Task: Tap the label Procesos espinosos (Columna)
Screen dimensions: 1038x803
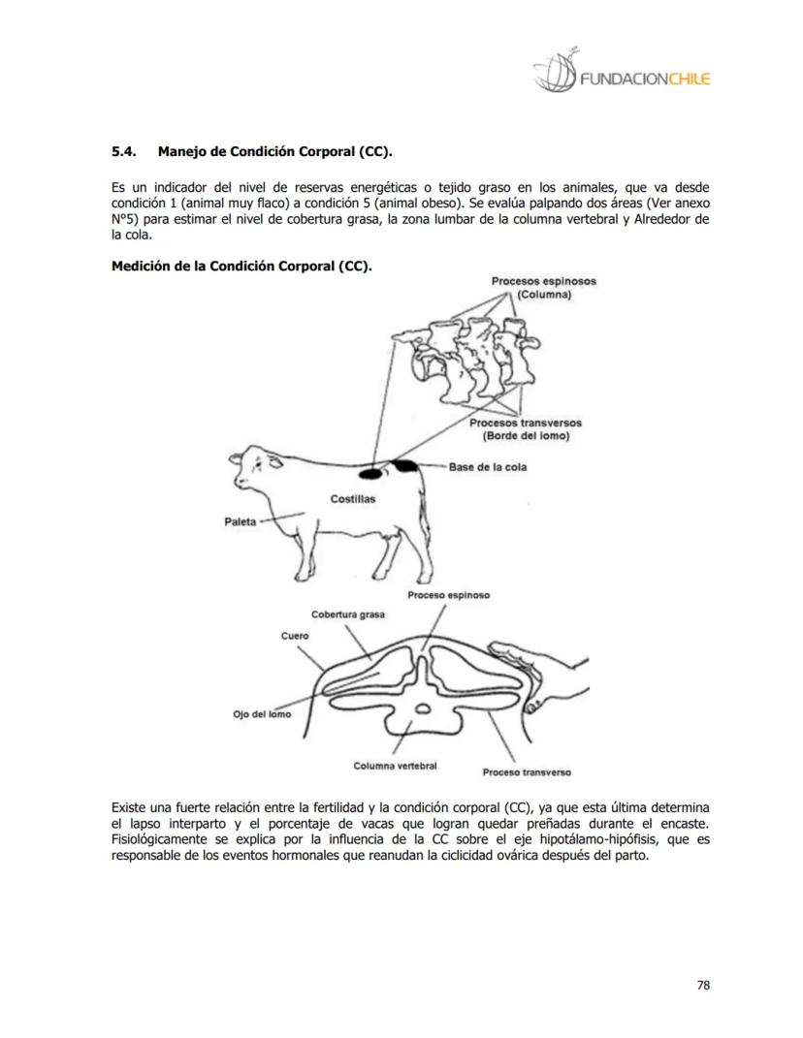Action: coord(543,288)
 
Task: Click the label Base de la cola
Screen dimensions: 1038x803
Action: coord(488,466)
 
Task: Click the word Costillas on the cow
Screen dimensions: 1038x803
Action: coord(353,498)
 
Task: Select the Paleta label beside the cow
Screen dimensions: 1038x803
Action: coord(241,521)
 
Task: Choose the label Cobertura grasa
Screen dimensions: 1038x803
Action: coord(347,614)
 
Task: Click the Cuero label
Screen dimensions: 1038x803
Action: coord(296,636)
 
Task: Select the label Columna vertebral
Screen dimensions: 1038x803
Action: coord(395,766)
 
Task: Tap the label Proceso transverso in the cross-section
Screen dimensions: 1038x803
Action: coord(527,772)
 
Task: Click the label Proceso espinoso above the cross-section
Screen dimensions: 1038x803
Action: coord(448,594)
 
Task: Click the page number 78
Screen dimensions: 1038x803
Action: coord(703,985)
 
